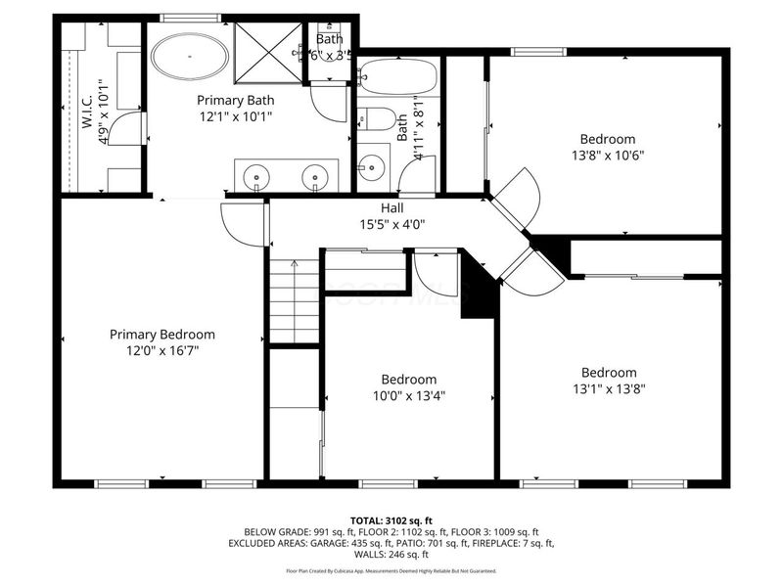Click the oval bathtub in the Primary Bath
pyautogui.click(x=190, y=59)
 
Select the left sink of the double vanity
pyautogui.click(x=257, y=178)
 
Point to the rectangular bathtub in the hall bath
pyautogui.click(x=397, y=76)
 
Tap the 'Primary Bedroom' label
pyautogui.click(x=161, y=335)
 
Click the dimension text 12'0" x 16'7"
pyautogui.click(x=161, y=351)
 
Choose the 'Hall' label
pyautogui.click(x=392, y=207)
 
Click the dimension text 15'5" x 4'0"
pyautogui.click(x=392, y=223)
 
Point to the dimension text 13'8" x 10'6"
pyautogui.click(x=607, y=155)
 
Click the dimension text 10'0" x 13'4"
pyautogui.click(x=409, y=396)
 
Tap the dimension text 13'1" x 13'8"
pyautogui.click(x=609, y=388)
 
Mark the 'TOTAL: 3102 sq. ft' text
pyautogui.click(x=391, y=519)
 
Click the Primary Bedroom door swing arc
pyautogui.click(x=240, y=223)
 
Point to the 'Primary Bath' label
pyautogui.click(x=235, y=100)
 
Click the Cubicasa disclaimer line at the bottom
pyautogui.click(x=391, y=570)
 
